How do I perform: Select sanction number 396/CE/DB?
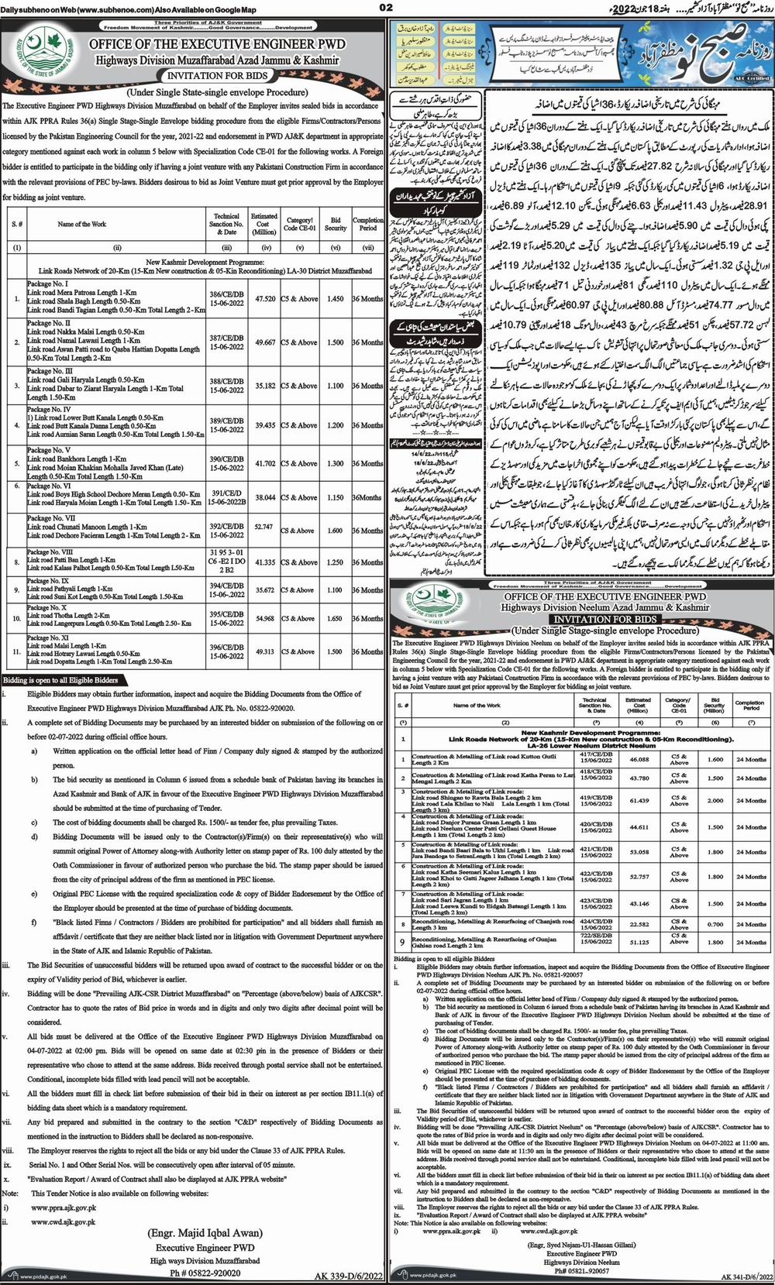click(226, 648)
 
